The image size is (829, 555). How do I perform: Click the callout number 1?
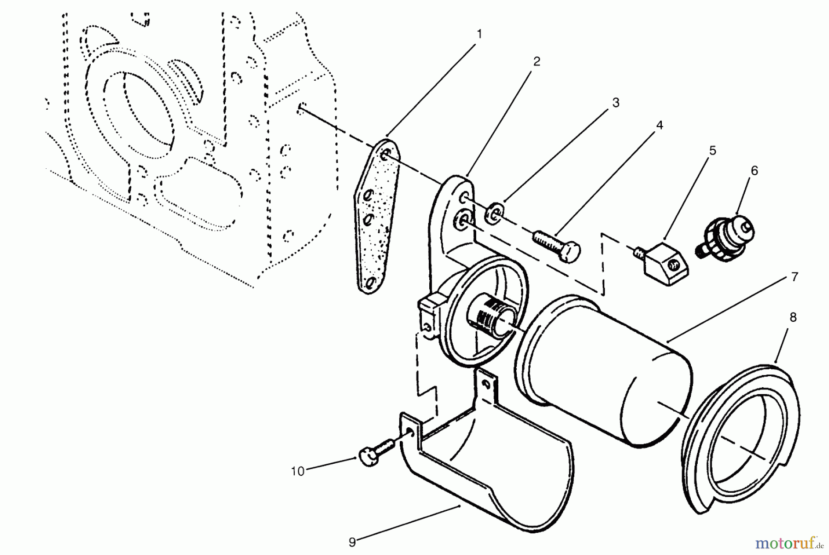pyautogui.click(x=479, y=34)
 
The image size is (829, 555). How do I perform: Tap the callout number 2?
pyautogui.click(x=537, y=61)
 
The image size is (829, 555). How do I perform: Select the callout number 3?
pyautogui.click(x=616, y=103)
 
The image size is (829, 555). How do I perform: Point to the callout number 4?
pyautogui.click(x=660, y=125)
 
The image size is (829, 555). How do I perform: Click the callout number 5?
pyautogui.click(x=712, y=150)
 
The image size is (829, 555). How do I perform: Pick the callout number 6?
pyautogui.click(x=754, y=171)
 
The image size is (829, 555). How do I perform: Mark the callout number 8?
pyautogui.click(x=793, y=317)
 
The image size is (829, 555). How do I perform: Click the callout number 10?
pyautogui.click(x=298, y=472)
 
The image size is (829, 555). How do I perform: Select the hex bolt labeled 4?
pyautogui.click(x=557, y=244)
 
